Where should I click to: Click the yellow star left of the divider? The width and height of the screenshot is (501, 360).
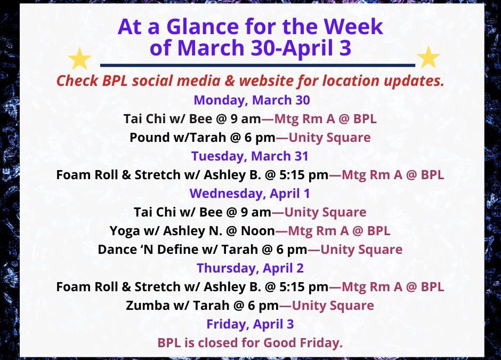(80, 58)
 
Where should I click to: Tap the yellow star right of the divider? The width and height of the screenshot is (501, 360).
(428, 58)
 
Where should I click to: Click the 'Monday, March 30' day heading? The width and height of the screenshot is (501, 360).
(252, 100)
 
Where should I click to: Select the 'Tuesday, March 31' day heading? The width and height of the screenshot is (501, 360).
(250, 156)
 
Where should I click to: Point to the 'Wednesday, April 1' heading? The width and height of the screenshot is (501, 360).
(250, 193)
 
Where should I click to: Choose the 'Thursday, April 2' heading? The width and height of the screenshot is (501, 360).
(250, 268)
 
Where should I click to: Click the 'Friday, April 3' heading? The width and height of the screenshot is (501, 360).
(250, 324)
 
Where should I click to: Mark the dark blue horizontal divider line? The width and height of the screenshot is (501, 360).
(257, 65)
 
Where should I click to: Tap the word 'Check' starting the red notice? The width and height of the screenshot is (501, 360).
(76, 82)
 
